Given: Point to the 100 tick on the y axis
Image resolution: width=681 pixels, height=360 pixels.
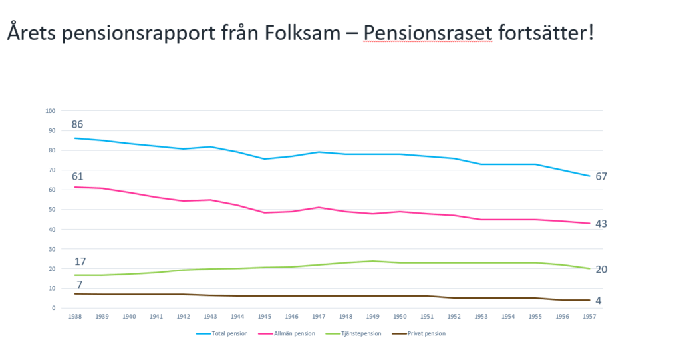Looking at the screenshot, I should tap(49, 110).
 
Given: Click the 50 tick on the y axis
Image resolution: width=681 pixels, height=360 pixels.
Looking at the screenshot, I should tap(51, 210).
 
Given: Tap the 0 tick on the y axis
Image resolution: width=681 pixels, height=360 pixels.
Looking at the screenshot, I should tap(53, 308).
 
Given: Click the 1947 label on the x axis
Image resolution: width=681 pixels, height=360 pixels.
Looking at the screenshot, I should tap(319, 317).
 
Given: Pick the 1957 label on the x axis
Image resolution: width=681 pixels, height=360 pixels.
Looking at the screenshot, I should tap(589, 317).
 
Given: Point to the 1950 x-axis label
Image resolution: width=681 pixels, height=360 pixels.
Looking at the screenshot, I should tap(400, 317).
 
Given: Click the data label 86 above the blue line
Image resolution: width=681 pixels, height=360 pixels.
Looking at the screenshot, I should tap(78, 124).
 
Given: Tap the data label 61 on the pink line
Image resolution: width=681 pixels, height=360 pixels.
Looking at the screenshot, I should tap(78, 176).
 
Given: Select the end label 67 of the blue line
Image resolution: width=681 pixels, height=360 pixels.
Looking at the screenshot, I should tap(601, 176).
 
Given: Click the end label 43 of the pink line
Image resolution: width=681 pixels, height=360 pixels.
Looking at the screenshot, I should tap(601, 224).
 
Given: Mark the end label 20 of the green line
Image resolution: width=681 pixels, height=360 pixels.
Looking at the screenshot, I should tap(601, 269).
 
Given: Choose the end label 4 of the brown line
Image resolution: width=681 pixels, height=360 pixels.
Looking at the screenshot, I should tap(599, 300).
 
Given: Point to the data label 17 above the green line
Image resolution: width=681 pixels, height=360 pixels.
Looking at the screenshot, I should tap(80, 262).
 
